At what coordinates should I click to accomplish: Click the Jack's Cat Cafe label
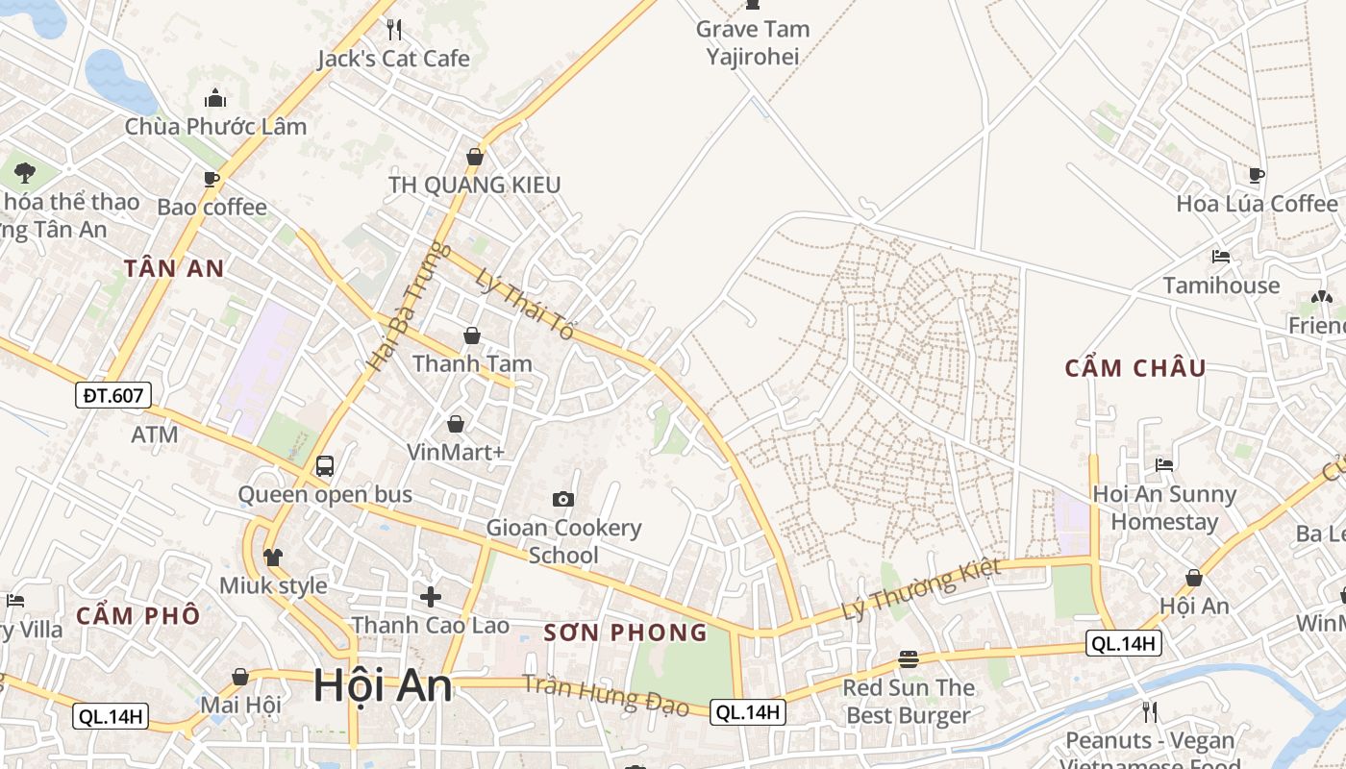(x=394, y=59)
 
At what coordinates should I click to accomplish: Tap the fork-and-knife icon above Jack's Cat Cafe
(x=393, y=29)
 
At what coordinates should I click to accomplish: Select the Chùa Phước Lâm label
(x=215, y=126)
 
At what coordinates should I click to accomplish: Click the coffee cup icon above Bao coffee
(x=212, y=179)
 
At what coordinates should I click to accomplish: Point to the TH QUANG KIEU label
(x=474, y=185)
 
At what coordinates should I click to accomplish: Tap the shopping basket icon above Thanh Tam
(x=472, y=335)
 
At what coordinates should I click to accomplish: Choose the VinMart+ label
(x=456, y=452)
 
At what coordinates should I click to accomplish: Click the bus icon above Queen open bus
(x=325, y=466)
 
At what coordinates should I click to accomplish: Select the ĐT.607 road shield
(x=112, y=394)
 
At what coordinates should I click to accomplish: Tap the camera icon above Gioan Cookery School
(x=563, y=499)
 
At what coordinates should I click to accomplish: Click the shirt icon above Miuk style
(x=273, y=557)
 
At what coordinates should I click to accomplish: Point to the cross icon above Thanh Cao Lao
(x=431, y=596)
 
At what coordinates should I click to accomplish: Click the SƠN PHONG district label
(x=625, y=633)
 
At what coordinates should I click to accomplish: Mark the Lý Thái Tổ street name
(x=525, y=304)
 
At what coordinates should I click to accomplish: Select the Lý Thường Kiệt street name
(x=920, y=588)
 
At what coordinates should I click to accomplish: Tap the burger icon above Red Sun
(x=909, y=659)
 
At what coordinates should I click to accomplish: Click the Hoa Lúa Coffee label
(x=1257, y=204)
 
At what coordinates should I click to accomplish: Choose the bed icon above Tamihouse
(x=1221, y=257)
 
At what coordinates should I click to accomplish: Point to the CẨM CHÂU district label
(x=1135, y=368)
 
